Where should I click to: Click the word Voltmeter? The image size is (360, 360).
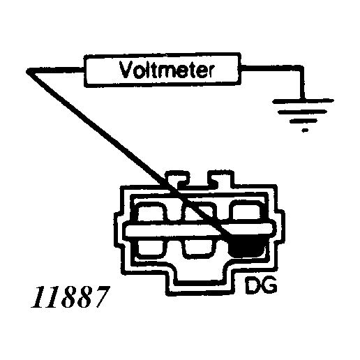coord(167,70)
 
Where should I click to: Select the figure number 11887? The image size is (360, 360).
coord(70,297)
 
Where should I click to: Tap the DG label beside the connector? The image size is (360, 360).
coord(262,285)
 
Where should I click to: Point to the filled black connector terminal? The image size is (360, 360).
coord(246,248)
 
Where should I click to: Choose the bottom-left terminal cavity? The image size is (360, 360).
coord(152,249)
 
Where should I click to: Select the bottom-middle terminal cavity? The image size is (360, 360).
coord(198,249)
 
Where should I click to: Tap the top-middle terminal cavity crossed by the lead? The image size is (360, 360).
coord(198,211)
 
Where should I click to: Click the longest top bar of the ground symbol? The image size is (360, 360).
coord(303,101)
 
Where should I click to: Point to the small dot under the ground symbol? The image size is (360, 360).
coord(305,130)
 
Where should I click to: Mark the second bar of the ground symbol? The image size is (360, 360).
coord(302,112)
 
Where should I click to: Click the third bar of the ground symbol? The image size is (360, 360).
coord(303,121)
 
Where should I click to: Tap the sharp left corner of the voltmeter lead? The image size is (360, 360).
coord(27,72)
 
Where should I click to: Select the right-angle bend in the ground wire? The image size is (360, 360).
coord(302,68)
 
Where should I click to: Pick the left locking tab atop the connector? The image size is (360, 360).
coord(177,178)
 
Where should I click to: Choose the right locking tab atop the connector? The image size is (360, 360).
coord(220,178)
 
